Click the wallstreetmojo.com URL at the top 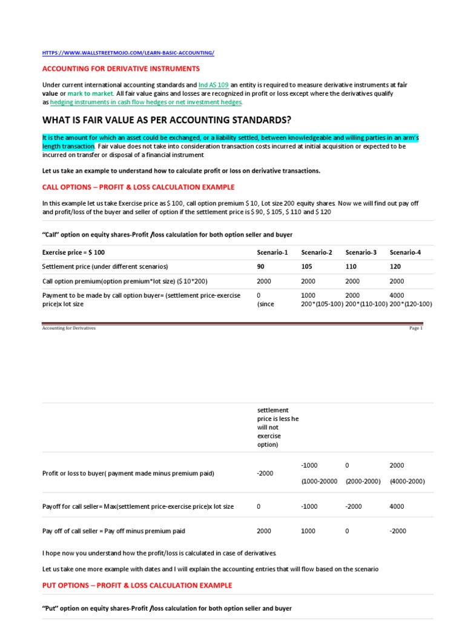[128, 53]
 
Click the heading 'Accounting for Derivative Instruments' [120, 69]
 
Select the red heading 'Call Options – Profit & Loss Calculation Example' [138, 187]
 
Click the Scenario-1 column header [272, 252]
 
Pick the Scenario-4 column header [406, 252]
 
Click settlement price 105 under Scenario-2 [307, 266]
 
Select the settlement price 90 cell [261, 266]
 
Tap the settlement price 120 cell [396, 266]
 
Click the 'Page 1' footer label [416, 328]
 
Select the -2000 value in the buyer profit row [265, 473]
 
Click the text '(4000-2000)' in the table [407, 481]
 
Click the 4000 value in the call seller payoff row [397, 506]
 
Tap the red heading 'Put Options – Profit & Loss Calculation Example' [137, 585]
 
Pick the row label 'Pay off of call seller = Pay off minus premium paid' [114, 531]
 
